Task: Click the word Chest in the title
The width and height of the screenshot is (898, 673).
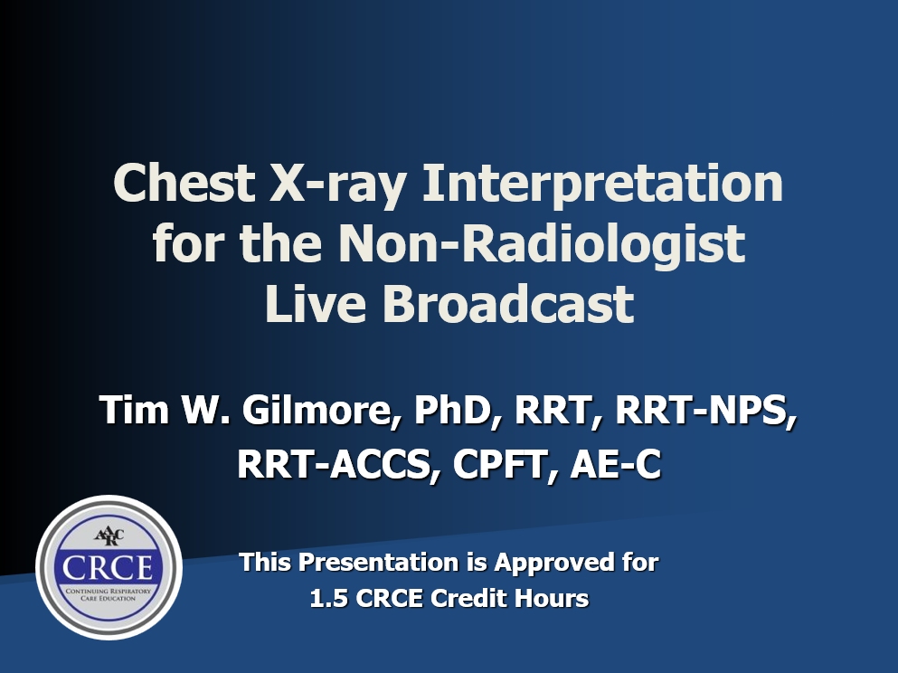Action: [184, 183]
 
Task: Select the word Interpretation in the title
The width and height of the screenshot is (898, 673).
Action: [602, 185]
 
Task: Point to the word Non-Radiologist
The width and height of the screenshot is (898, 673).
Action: [542, 244]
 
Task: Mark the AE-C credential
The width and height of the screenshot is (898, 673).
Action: [616, 464]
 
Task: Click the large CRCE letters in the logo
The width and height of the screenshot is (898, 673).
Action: [109, 567]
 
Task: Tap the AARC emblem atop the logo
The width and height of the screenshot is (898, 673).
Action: [109, 536]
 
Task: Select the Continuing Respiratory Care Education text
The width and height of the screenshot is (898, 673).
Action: [109, 594]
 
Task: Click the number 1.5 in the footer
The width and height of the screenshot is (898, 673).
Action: [329, 599]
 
